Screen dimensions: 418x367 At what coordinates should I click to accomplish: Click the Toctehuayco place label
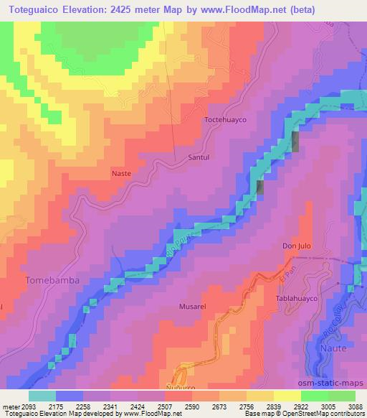(x=226, y=120)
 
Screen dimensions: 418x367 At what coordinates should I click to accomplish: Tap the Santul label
(x=199, y=156)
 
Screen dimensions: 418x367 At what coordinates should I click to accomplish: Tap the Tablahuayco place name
(x=296, y=297)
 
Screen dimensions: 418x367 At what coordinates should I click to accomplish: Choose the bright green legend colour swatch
(x=314, y=395)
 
